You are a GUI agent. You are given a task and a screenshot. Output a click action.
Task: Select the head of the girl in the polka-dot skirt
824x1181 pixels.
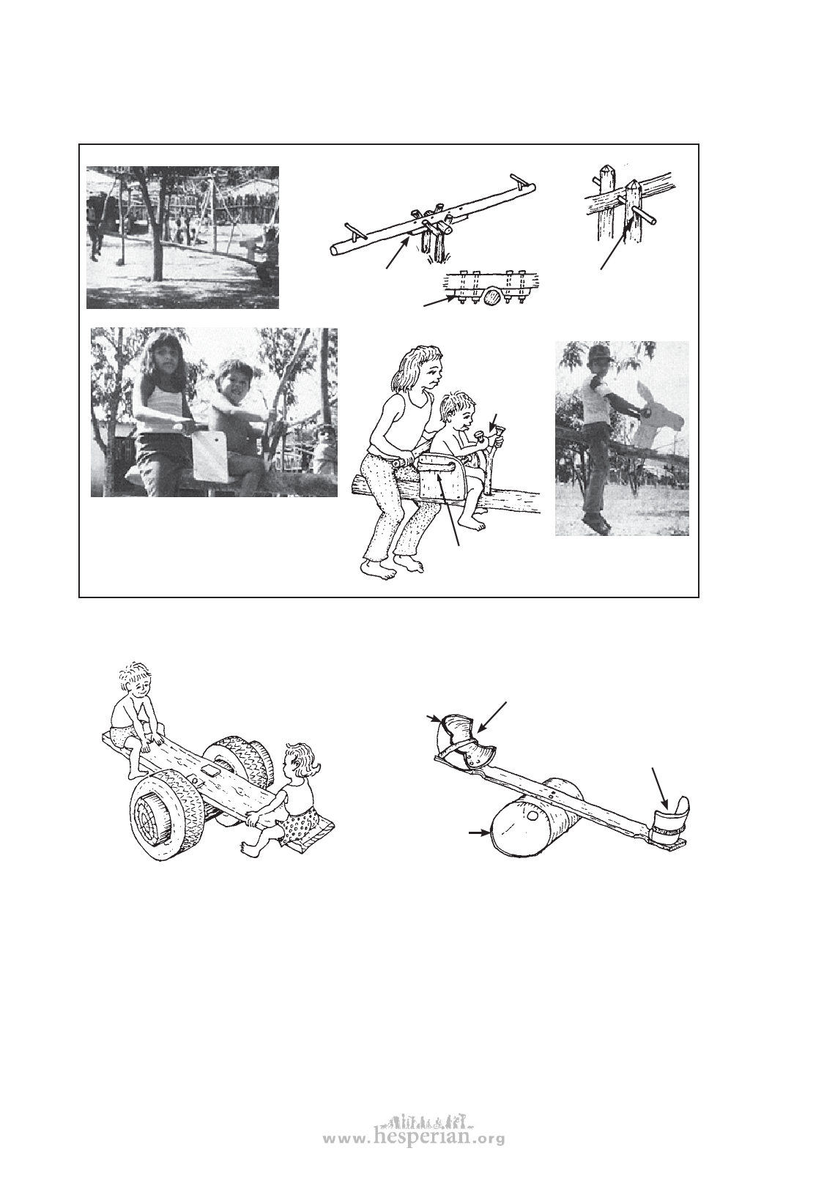(300, 760)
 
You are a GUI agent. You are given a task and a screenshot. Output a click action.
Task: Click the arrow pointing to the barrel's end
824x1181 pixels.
(480, 832)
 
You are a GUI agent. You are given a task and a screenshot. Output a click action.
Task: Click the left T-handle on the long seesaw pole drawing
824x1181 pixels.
(354, 229)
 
